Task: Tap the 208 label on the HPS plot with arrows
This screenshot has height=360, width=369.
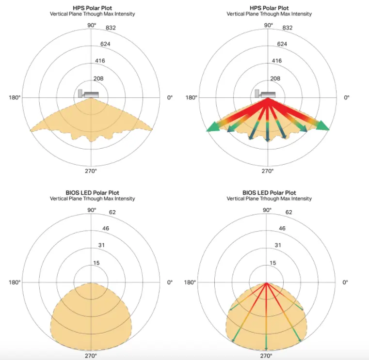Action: tap(275, 78)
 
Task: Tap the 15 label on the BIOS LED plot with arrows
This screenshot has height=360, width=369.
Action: tap(273, 263)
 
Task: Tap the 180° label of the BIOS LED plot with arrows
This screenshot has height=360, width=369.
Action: tap(191, 282)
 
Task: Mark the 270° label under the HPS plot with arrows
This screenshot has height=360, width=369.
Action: tap(268, 171)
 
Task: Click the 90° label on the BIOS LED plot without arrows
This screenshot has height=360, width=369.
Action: tap(92, 210)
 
